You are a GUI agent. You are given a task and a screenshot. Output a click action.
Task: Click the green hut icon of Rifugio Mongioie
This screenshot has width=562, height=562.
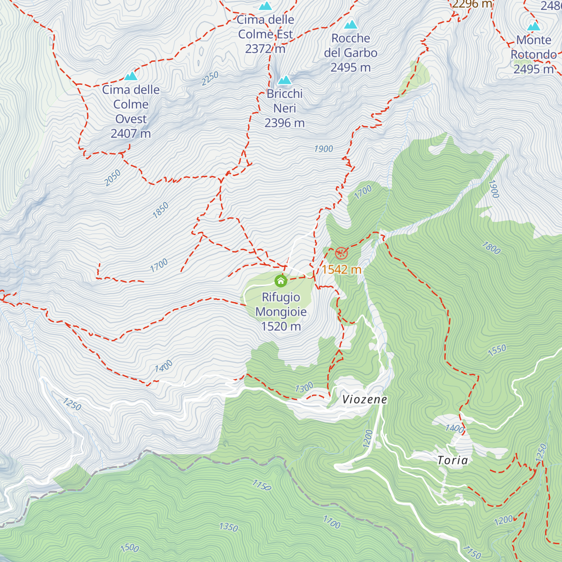281,281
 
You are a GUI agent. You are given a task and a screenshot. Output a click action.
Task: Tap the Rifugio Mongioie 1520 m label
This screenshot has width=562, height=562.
281,312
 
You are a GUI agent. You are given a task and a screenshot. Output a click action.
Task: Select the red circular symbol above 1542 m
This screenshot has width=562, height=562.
341,253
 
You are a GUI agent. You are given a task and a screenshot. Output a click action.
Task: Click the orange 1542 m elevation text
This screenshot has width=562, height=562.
341,269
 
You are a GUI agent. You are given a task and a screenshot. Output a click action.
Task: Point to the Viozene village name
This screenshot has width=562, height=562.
364,399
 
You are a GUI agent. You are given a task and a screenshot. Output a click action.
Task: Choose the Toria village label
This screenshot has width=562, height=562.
452,460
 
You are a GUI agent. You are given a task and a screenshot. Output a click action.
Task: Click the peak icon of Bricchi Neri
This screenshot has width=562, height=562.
284,80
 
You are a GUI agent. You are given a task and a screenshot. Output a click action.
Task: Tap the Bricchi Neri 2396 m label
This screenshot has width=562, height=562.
284,108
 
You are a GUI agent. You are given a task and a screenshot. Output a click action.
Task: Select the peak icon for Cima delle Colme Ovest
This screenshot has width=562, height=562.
131,76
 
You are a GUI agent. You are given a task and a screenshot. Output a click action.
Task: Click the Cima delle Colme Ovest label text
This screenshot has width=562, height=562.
131,111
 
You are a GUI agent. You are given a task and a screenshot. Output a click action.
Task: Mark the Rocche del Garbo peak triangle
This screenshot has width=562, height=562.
350,24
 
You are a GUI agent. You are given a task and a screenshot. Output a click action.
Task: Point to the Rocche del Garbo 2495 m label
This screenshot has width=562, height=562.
350,53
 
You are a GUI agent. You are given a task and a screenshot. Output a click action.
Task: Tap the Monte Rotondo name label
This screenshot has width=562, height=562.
533,47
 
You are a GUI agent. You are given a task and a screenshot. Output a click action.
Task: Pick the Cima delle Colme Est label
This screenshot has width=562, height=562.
266,34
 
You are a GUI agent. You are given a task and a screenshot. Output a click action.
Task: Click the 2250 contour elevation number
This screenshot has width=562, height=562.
210,78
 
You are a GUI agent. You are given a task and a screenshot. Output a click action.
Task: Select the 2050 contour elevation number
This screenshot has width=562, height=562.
112,177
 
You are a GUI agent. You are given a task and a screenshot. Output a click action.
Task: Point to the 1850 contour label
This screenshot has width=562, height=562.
160,210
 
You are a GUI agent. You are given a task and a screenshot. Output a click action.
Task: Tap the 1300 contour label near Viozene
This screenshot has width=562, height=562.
304,388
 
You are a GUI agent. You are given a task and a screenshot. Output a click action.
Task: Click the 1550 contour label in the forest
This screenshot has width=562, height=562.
497,350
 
